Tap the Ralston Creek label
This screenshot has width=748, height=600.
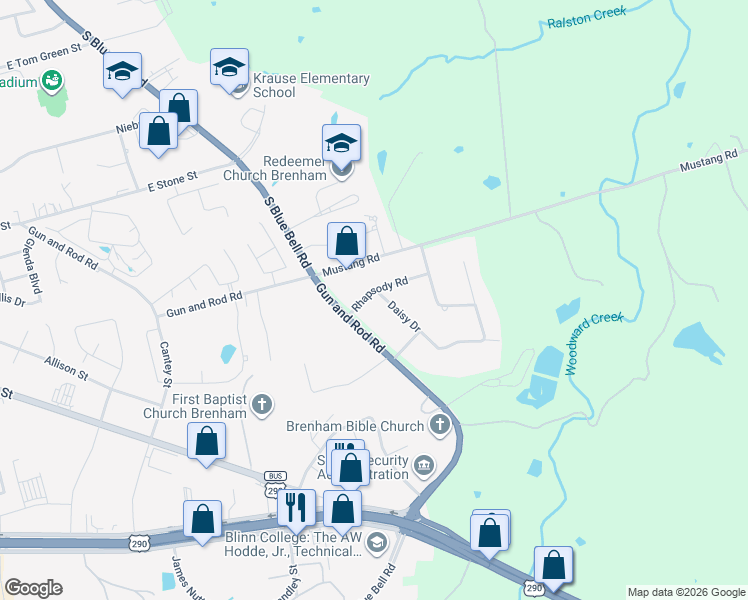point(586,17)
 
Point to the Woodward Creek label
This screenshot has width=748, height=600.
point(594,343)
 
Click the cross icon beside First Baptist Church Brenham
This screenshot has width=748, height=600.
point(262,405)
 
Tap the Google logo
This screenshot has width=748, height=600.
point(33,588)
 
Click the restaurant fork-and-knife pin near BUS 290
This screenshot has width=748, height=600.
point(295,507)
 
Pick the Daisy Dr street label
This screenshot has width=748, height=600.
point(404,317)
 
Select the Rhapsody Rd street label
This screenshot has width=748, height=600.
point(380,294)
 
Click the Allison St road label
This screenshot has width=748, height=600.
point(66,367)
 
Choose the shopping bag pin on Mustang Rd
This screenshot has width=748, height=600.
point(346,240)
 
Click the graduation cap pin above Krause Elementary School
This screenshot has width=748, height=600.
point(229,67)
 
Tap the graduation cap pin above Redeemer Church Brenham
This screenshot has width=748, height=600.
point(341,143)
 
